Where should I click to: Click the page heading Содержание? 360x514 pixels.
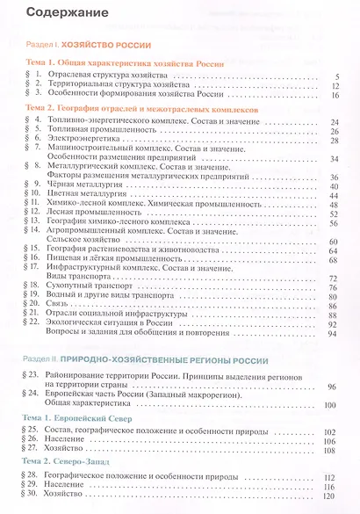point(60,13)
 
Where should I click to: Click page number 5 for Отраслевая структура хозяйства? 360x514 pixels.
point(336,76)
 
